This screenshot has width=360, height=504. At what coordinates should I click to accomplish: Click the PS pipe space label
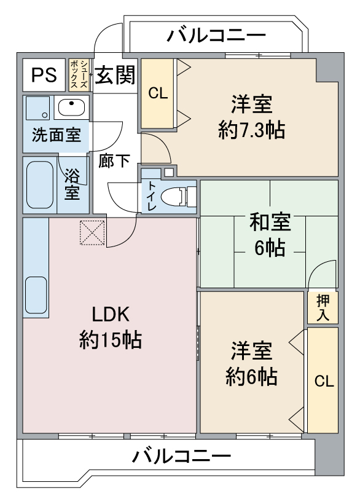(44, 75)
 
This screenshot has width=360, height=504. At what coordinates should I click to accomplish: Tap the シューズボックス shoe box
(79, 74)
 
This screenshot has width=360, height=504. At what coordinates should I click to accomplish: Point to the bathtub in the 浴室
(40, 184)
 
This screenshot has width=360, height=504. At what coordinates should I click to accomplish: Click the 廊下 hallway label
(115, 160)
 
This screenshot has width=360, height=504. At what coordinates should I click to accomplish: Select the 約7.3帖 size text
(251, 130)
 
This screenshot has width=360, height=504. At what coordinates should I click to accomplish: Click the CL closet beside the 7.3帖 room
(157, 93)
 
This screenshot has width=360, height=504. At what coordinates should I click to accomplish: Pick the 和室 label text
(270, 222)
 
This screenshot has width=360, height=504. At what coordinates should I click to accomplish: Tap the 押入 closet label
(323, 307)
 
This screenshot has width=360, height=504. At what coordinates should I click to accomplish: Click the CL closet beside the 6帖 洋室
(323, 380)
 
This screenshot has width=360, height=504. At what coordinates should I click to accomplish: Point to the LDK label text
(111, 314)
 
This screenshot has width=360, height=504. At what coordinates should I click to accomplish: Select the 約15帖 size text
(111, 339)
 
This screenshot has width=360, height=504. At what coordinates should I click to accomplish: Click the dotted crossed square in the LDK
(93, 232)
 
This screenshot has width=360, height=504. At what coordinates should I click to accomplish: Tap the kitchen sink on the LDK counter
(36, 295)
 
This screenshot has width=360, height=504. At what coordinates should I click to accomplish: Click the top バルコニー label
(216, 36)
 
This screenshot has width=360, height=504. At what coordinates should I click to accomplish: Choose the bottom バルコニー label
(182, 456)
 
